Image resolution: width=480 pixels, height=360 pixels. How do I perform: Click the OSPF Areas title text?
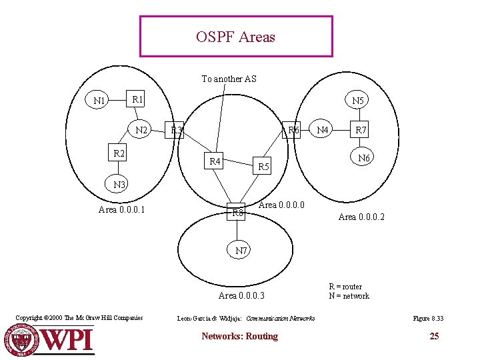235,37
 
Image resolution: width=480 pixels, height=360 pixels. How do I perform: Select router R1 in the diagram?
138,99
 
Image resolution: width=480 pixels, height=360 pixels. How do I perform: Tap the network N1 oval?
101,101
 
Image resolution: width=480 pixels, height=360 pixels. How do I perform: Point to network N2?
141,130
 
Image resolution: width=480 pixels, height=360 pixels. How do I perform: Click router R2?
119,153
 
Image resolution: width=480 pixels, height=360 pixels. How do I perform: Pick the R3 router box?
176,130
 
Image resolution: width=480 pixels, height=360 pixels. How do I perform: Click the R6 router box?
293,130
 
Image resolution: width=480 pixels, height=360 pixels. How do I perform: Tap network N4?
323,130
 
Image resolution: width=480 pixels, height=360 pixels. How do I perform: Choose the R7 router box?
361,130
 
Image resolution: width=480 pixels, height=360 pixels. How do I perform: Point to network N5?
358,101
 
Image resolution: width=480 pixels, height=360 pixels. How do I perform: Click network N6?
363,158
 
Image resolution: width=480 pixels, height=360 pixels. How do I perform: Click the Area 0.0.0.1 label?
122,211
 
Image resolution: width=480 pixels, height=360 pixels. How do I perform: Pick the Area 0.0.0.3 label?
241,295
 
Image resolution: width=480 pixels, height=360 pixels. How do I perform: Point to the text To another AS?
229,79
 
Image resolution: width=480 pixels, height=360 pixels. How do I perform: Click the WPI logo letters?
67,339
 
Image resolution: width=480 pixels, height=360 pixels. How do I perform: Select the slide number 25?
434,336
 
